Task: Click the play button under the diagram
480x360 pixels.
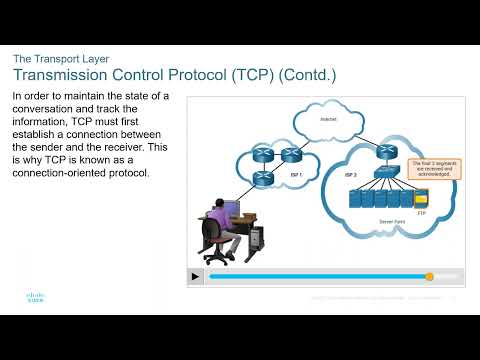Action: pyautogui.click(x=198, y=276)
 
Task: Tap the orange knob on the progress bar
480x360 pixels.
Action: pyautogui.click(x=429, y=276)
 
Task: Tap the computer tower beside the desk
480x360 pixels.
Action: pyautogui.click(x=255, y=238)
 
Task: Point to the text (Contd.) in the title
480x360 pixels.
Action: pyautogui.click(x=306, y=75)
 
